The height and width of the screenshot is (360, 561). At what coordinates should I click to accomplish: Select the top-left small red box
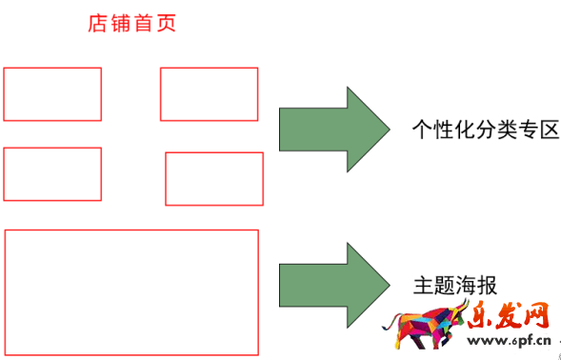point(52,94)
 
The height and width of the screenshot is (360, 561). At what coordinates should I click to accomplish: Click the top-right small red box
point(209,94)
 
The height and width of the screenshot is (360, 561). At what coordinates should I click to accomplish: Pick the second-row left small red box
point(52,174)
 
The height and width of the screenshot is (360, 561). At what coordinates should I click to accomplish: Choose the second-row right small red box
point(214,179)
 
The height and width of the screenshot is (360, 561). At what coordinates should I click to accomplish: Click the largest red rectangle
point(131,291)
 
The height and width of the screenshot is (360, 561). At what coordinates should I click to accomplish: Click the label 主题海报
point(456,285)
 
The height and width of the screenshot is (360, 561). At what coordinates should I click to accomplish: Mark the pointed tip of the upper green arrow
point(387,129)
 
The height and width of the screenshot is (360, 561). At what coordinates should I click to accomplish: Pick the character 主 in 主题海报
point(424,285)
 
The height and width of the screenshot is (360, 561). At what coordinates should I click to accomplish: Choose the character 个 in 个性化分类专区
point(422,130)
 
